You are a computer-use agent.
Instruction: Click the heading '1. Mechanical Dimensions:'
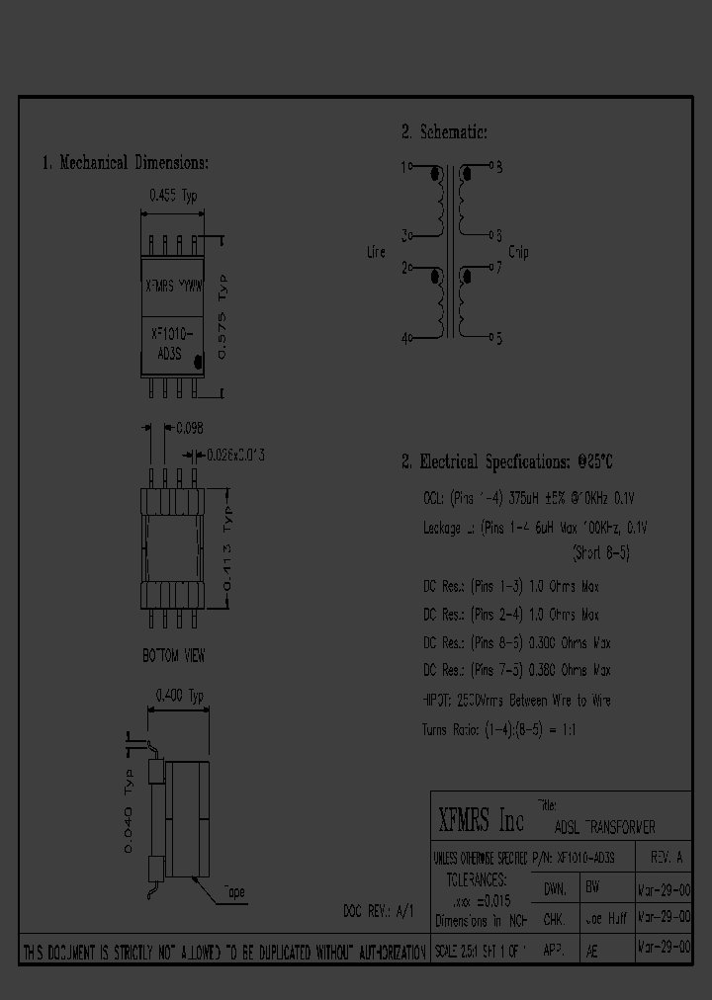125,163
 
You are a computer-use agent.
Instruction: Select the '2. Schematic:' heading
444,131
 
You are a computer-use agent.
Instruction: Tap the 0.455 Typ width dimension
173,196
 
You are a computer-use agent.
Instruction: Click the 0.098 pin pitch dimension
189,427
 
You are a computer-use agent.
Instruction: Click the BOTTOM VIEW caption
173,655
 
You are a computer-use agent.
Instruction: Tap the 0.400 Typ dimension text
179,697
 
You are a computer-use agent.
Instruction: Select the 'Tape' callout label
233,891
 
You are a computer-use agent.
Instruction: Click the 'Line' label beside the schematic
376,252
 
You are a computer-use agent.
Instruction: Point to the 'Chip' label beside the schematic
518,252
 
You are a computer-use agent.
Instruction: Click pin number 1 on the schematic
403,167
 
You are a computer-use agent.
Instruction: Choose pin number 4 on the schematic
404,338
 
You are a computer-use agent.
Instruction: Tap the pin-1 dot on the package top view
200,363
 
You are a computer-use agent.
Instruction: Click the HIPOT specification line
516,701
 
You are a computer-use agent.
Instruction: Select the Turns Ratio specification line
499,729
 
